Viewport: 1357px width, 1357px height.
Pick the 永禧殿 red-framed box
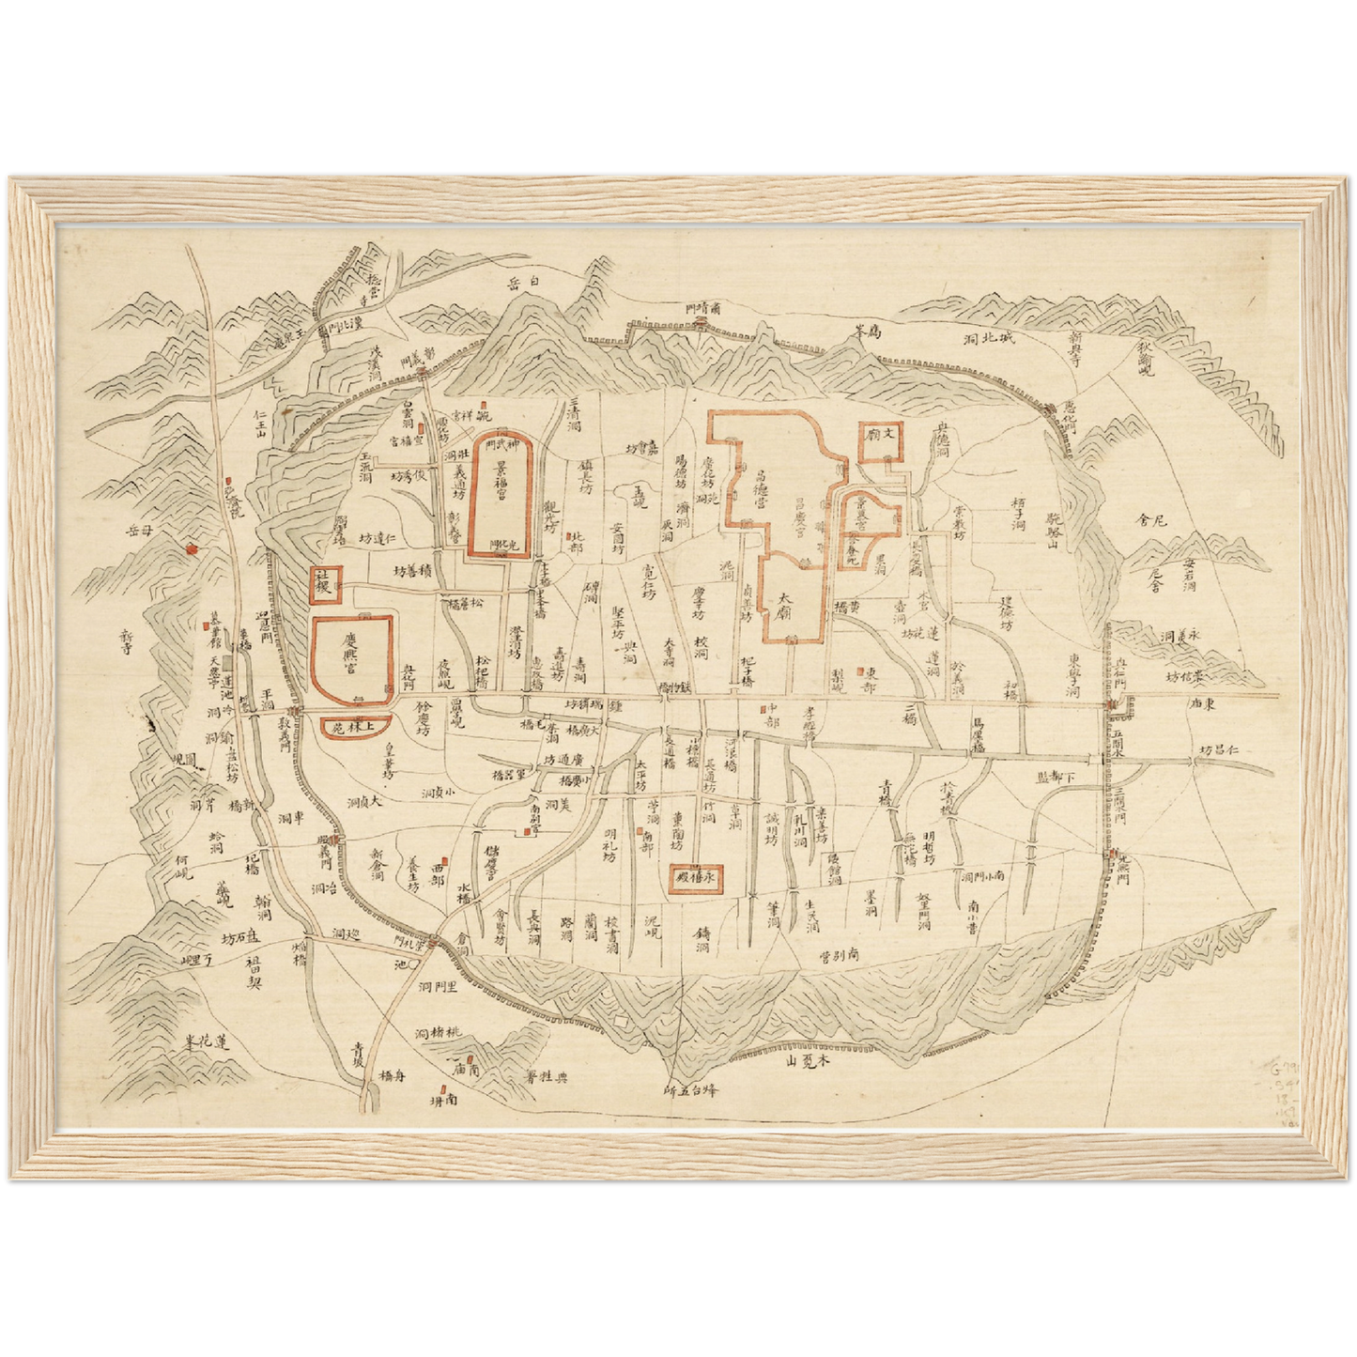(696, 879)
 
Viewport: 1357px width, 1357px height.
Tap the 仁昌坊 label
(1220, 751)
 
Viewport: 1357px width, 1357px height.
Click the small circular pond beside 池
(413, 963)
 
